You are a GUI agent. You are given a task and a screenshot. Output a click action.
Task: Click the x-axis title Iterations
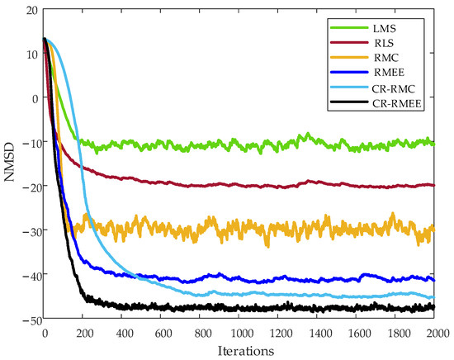[240, 351]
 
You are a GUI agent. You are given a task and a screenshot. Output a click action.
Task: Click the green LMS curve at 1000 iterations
[240, 145]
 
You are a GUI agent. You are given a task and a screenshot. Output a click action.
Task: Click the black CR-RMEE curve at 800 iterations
[201, 308]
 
